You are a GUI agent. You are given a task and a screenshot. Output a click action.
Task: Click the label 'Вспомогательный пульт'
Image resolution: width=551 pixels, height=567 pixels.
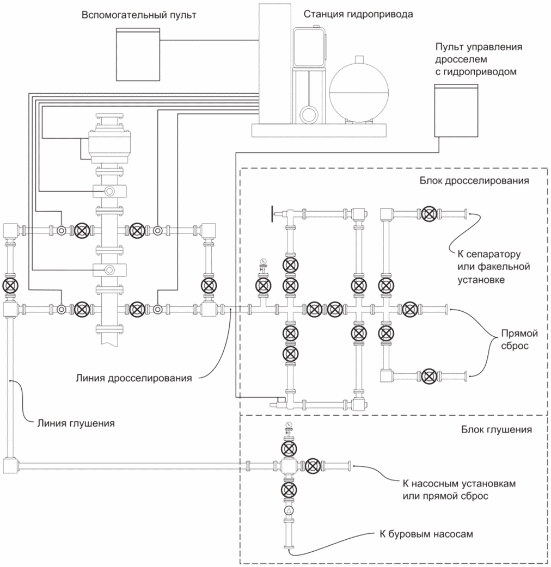click(x=139, y=16)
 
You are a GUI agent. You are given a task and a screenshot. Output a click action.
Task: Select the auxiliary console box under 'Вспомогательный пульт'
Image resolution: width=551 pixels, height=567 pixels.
click(x=138, y=54)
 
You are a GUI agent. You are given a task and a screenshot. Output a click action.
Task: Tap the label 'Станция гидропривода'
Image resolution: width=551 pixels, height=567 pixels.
click(x=358, y=15)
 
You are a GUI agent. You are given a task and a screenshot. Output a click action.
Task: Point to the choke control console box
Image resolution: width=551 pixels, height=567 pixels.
click(x=456, y=110)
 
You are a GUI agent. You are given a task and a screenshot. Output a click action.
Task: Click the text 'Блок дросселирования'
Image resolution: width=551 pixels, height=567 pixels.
click(x=474, y=181)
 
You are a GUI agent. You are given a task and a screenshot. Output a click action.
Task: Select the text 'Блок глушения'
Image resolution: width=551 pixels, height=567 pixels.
click(x=497, y=429)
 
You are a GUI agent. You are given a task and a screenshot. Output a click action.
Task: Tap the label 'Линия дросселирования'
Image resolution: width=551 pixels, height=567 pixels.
click(x=133, y=378)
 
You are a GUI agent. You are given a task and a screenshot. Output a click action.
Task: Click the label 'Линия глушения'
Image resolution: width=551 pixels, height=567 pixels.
click(x=76, y=423)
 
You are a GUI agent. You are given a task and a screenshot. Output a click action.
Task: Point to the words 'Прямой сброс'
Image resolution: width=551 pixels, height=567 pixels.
click(x=519, y=339)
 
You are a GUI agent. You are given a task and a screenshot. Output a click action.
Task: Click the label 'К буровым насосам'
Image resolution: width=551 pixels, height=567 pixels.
click(x=426, y=534)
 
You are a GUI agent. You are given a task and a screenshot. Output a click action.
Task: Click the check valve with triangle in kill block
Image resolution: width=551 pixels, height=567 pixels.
click(x=289, y=510)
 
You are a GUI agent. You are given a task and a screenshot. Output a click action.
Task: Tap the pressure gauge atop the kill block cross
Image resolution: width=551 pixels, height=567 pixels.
click(x=289, y=425)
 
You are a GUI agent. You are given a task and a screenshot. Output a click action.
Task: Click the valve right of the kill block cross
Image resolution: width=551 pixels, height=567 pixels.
click(x=313, y=466)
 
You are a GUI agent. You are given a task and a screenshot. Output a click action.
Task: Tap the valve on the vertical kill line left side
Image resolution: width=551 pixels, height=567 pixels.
click(x=10, y=285)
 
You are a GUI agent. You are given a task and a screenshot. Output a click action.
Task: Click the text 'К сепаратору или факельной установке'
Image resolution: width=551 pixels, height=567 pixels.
click(x=493, y=267)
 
